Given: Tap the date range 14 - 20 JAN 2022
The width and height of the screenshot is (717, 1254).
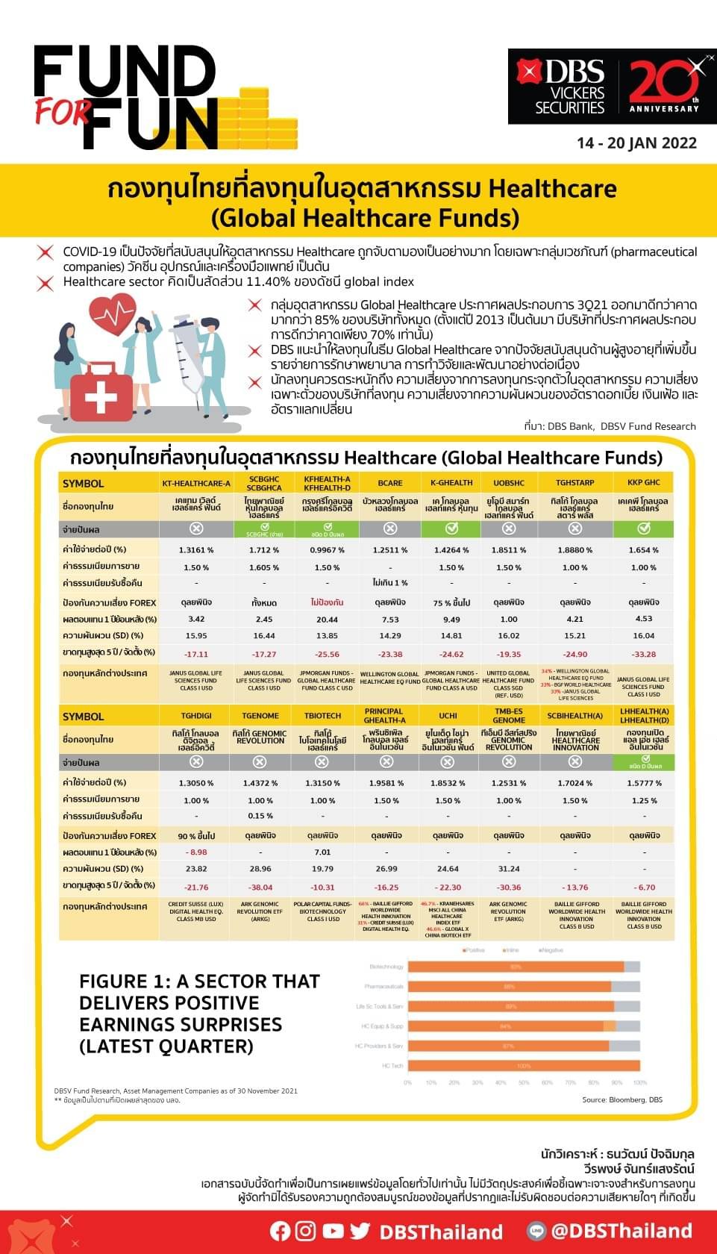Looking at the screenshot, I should pos(636,143).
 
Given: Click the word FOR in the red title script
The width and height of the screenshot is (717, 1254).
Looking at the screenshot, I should pos(63,111).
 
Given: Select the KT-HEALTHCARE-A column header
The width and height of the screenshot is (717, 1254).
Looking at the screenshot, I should pos(196,484).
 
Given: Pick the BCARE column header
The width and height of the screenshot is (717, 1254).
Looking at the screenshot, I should pos(389,484).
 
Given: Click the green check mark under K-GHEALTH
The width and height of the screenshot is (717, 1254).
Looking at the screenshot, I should pos(451,528).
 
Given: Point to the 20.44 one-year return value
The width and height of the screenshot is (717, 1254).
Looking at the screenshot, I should pos(327,620).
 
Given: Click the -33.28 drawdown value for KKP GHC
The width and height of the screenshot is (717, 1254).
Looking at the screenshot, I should pos(643,654).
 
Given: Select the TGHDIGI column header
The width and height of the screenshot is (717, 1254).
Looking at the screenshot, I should pos(196,716).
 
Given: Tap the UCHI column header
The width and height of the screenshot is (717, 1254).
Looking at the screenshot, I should pos(448,716).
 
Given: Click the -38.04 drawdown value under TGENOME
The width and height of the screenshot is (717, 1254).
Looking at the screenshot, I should pos(260,888).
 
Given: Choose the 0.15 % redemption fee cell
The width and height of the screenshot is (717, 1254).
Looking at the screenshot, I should pos(260,816).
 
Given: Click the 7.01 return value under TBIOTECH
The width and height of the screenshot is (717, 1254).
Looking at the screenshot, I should pos(322,852).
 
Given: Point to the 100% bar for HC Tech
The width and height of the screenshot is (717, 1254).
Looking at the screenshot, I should pos(524,1066).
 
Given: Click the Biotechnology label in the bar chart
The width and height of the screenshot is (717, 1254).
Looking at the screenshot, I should pos(386,967).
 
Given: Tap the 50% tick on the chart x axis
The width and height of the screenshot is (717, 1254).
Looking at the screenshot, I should pos(524,1082).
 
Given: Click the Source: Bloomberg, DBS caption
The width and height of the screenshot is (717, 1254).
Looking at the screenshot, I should pos(622,1099).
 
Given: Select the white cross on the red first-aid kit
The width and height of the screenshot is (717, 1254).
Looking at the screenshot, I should pos(101,397).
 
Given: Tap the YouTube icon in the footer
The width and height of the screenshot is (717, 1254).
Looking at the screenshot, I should pos(333,1231).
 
